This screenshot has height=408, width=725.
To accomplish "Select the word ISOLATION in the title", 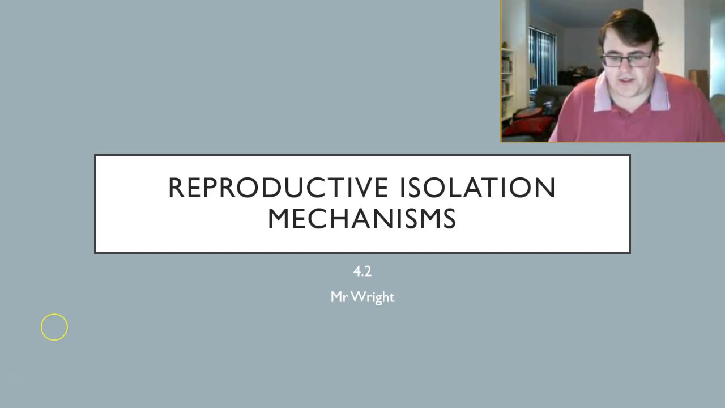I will click(x=477, y=188).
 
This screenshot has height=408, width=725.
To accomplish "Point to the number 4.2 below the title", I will click(x=362, y=271).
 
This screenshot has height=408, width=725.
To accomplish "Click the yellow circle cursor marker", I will click(x=54, y=327).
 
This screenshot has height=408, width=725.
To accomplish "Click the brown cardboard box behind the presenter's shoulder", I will click(x=698, y=82).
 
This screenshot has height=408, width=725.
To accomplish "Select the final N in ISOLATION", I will click(x=546, y=188).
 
